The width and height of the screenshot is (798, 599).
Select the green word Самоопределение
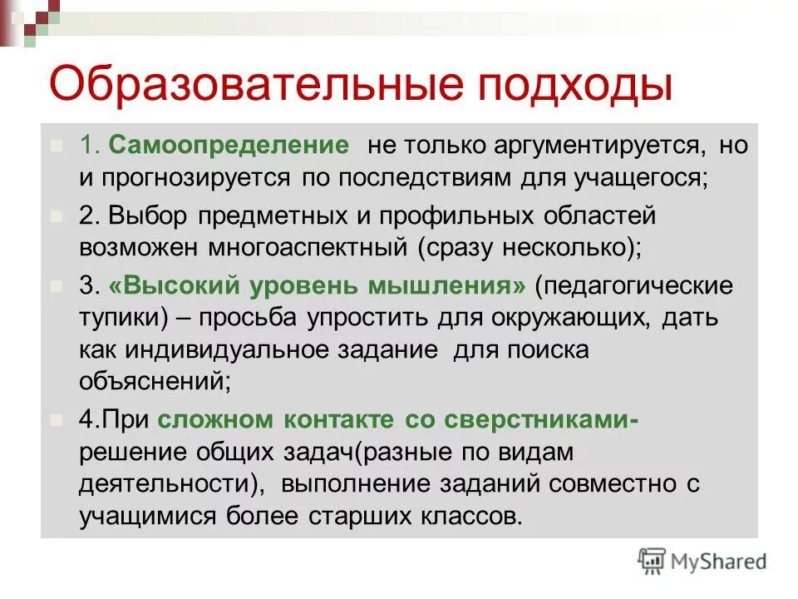(x=229, y=146)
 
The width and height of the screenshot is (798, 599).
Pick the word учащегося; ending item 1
(x=648, y=178)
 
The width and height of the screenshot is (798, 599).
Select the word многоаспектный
(x=317, y=248)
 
